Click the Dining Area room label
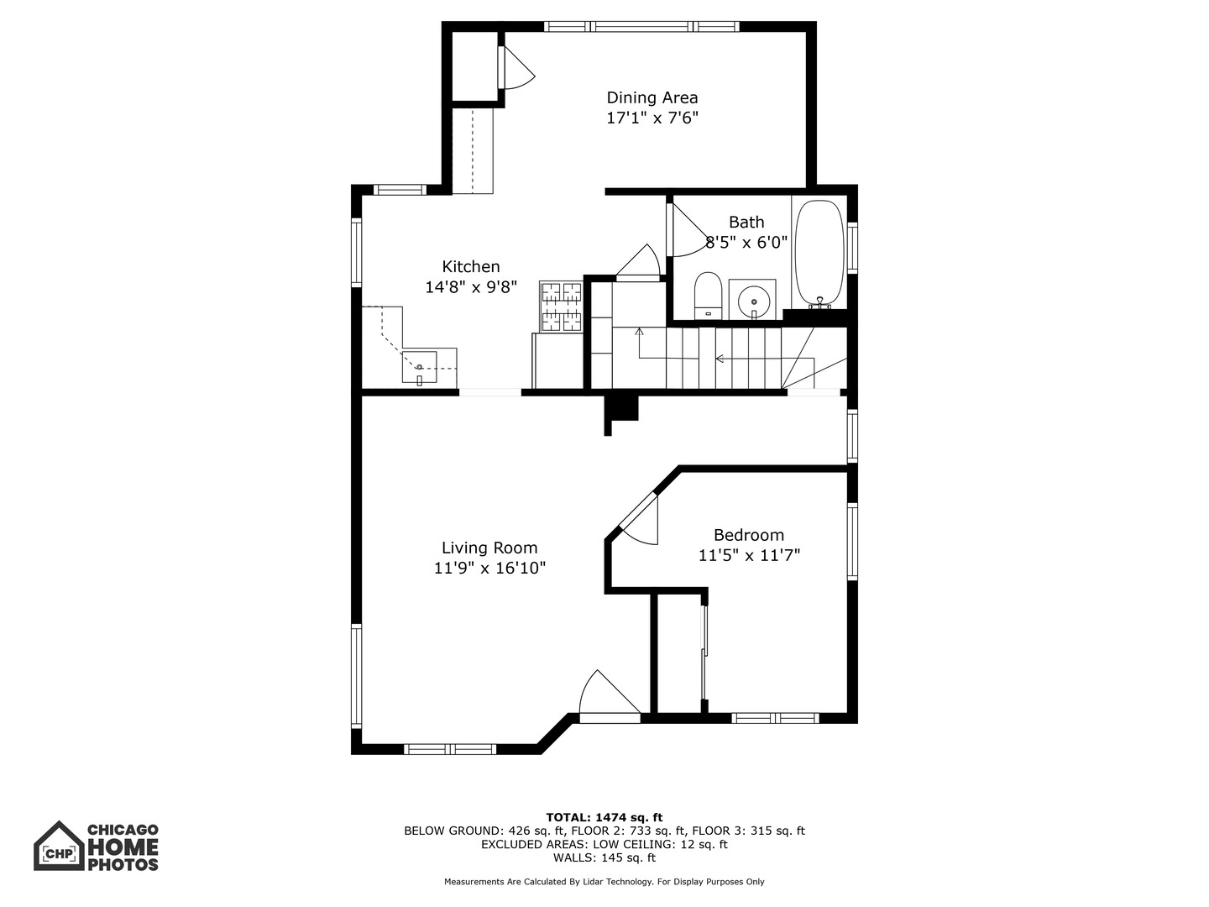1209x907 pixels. (x=652, y=97)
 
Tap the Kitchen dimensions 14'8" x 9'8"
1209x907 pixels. (x=470, y=287)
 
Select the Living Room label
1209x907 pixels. (x=489, y=548)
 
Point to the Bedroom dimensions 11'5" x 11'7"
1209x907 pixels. (x=749, y=555)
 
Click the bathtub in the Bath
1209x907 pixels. (x=819, y=251)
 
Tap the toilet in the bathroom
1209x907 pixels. (x=709, y=294)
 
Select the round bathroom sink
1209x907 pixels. (x=752, y=299)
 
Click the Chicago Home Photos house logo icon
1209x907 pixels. (x=59, y=846)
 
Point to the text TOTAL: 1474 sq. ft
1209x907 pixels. (x=604, y=817)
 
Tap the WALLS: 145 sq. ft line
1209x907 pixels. (x=604, y=857)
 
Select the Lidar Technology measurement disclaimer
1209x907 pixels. (x=604, y=882)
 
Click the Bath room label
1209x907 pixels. (x=746, y=223)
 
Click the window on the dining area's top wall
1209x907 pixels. (x=642, y=26)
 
